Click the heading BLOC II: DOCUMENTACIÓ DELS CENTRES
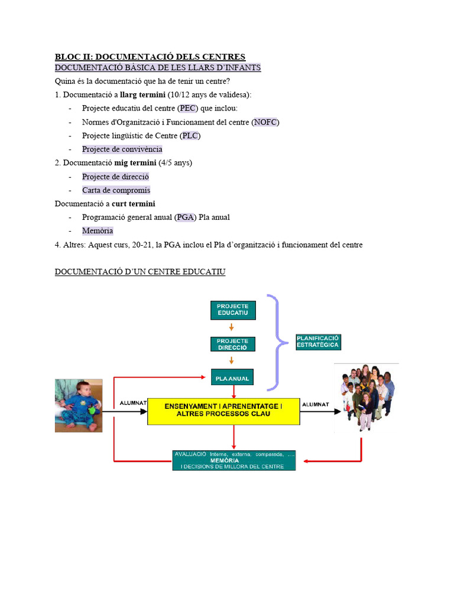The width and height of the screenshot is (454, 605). [x=150, y=57]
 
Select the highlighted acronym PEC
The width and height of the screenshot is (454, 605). [x=187, y=108]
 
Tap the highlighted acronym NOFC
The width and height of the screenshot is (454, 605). [x=265, y=122]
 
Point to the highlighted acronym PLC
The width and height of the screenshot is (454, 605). [x=190, y=136]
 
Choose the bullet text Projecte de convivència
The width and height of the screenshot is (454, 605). [x=122, y=149]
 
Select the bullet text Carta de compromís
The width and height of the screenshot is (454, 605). [x=116, y=190]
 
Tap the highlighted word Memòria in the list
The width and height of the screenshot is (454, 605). [x=98, y=231]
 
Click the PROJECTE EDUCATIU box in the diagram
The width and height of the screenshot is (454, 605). [x=233, y=310]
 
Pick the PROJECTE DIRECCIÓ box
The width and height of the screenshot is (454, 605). [x=233, y=344]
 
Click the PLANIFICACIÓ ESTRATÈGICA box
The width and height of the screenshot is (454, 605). [x=318, y=341]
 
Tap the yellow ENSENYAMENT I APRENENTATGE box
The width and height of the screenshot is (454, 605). [x=223, y=410]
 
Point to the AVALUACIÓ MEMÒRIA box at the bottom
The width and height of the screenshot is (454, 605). [x=234, y=460]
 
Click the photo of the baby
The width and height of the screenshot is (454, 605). [x=79, y=405]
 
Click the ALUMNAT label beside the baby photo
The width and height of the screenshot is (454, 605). [x=133, y=403]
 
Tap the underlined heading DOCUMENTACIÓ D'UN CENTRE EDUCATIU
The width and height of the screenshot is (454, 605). [x=140, y=272]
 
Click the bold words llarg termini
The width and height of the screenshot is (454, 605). [x=142, y=95]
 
